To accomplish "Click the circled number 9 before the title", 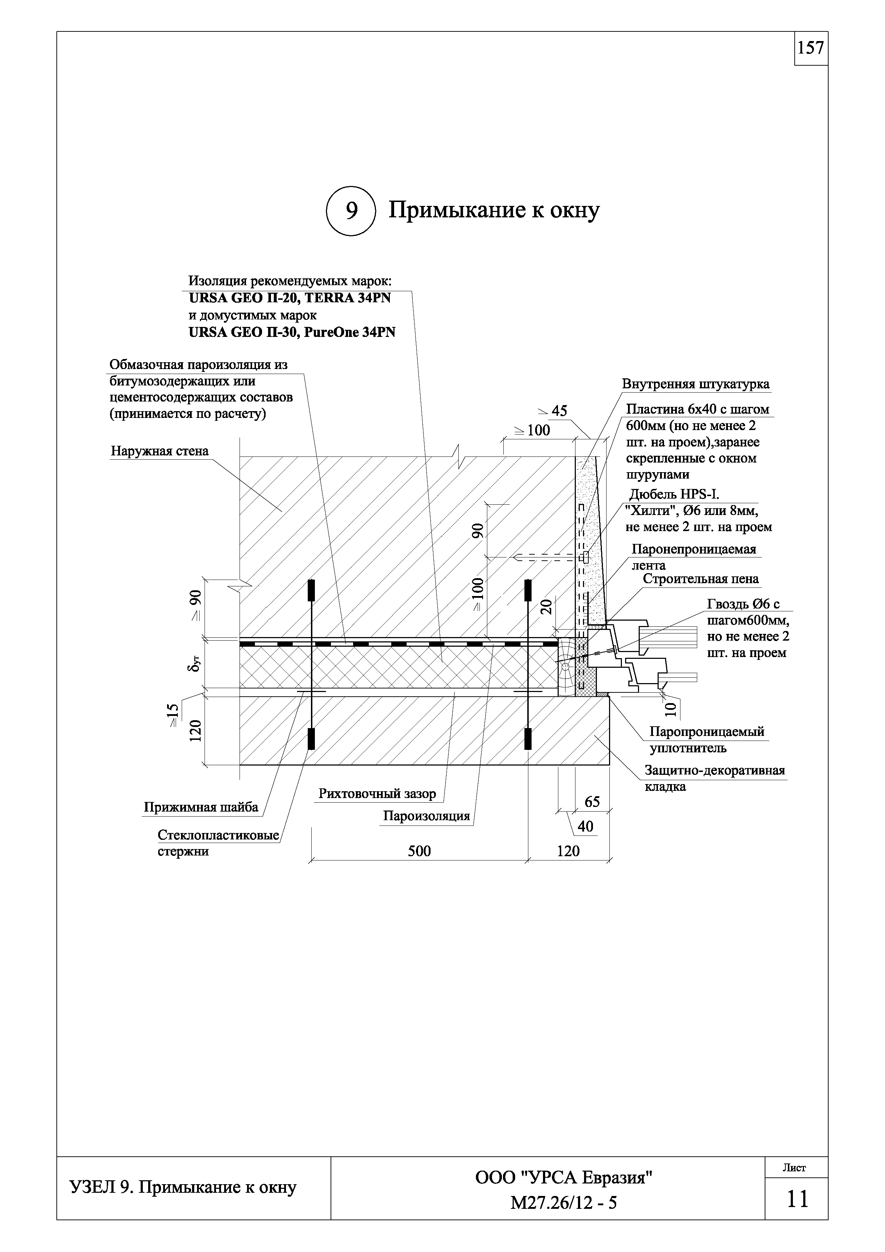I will pos(351,211).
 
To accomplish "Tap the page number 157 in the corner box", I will pos(810,49).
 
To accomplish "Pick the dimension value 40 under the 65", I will pos(585,827).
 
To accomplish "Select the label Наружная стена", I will pos(160,451).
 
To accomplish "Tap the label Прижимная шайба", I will pos(201,807).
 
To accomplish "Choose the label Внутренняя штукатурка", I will pos(696,384).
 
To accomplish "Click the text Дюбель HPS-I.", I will pos(674,495).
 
